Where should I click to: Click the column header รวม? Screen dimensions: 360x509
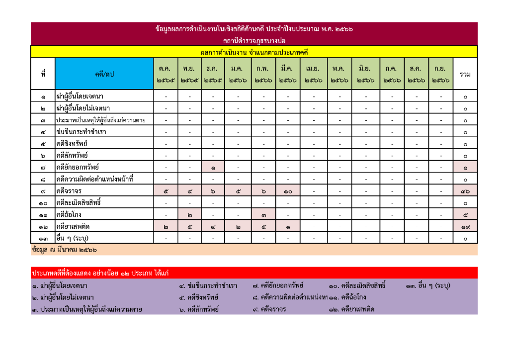click(465, 74)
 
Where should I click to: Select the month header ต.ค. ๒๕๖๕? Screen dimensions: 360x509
click(166, 74)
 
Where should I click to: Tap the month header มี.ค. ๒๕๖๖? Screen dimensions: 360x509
click(287, 74)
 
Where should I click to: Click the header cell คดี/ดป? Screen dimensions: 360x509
click(104, 74)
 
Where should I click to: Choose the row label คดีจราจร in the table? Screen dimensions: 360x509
click(69, 191)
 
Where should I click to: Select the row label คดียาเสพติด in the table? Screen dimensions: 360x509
click(73, 227)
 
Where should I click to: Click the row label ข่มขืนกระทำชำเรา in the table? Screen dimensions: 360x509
click(81, 132)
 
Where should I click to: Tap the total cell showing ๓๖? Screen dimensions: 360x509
click(465, 191)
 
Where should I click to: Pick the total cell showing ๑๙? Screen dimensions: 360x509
click(465, 227)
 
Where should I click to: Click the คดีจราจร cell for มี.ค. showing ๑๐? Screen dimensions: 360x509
click(287, 191)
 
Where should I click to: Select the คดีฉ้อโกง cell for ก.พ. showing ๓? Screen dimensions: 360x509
click(263, 215)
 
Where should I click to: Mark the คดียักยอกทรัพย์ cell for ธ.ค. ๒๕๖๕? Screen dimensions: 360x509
click(213, 168)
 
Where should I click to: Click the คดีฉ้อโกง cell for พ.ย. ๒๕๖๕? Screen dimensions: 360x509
click(189, 215)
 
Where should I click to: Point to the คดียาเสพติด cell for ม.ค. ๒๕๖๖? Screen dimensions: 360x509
click(239, 227)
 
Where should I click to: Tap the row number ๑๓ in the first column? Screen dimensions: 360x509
click(43, 239)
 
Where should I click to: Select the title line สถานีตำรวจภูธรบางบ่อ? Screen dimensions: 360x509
click(254, 40)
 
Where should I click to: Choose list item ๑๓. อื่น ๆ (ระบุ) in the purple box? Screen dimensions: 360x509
click(428, 286)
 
